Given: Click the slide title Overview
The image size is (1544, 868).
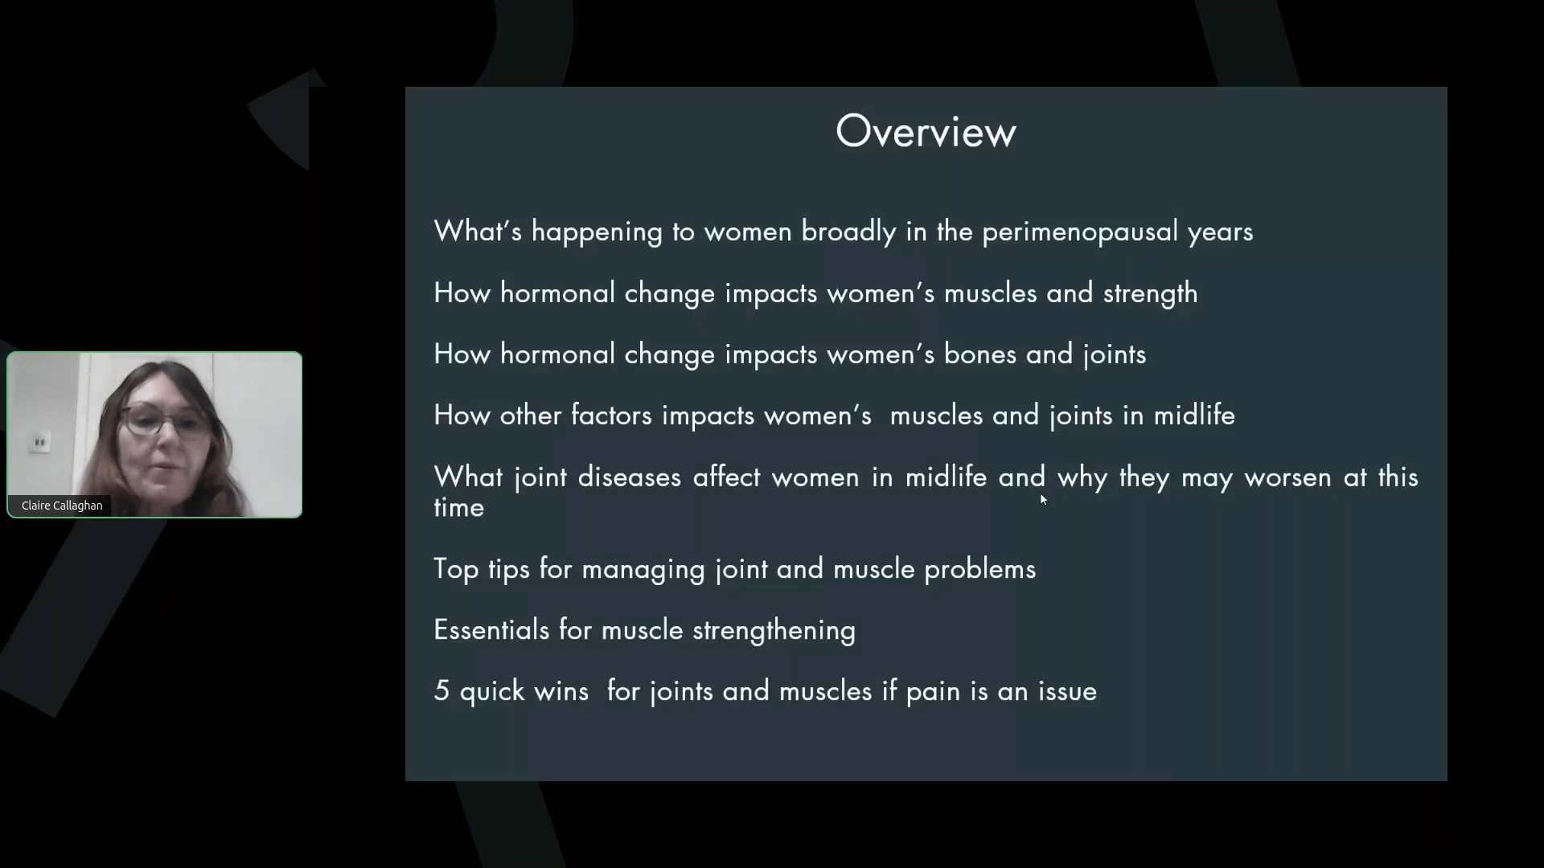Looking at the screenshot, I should click(926, 131).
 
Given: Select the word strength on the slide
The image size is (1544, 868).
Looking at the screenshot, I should click(1150, 294).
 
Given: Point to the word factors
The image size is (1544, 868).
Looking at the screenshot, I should click(610, 416).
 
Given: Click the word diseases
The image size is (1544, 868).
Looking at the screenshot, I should click(629, 477).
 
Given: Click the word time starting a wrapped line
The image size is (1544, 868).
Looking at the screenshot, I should click(458, 508).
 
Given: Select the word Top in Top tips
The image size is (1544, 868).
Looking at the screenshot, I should click(456, 569).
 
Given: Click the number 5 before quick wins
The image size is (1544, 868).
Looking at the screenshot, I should click(441, 691).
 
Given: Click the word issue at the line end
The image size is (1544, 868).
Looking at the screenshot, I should click(1067, 691).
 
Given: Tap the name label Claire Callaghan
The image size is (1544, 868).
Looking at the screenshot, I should click(62, 506).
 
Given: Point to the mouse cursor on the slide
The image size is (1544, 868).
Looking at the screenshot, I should click(1043, 499).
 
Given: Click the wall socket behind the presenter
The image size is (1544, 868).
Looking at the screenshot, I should click(39, 442).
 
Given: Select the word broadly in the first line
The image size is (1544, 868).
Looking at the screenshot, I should click(848, 232).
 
